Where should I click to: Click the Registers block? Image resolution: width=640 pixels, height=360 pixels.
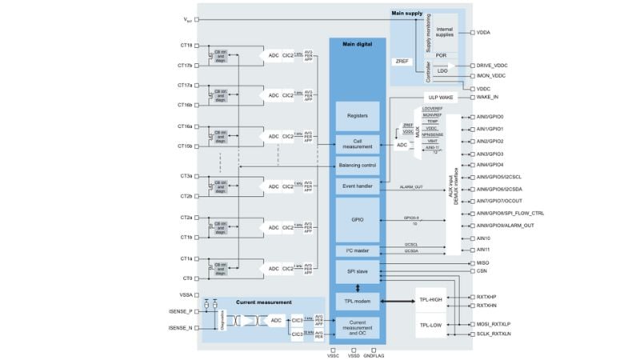[x=357, y=116]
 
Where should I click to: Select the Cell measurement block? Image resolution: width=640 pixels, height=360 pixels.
[x=357, y=144]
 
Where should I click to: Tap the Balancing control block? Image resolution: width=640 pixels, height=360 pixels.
[x=357, y=166]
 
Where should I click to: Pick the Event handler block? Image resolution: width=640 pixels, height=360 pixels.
[x=357, y=186]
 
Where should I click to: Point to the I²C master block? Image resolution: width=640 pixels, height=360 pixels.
[x=357, y=251]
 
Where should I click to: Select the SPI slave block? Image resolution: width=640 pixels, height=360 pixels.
[x=357, y=271]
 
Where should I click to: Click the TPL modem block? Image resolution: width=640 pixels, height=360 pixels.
[x=357, y=302]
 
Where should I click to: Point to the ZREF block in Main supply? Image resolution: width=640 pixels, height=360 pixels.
[x=402, y=61]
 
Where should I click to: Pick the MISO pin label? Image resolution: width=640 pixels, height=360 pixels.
[x=483, y=262]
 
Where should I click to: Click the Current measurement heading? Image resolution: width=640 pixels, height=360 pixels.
[x=263, y=302]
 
